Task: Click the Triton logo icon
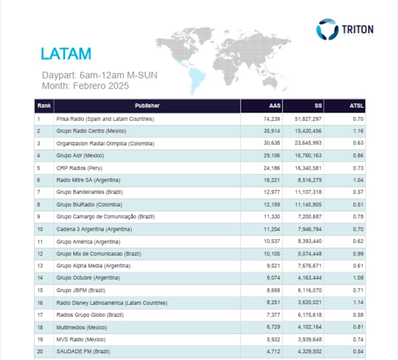point(327,29)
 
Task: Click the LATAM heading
point(66,54)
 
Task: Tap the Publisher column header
point(147,106)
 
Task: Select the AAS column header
point(275,106)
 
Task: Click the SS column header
point(318,106)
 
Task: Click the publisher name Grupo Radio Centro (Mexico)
point(91,131)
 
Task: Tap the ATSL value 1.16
point(358,131)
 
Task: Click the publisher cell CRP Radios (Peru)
point(79,168)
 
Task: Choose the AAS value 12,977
point(272,192)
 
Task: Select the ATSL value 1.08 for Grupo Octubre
point(358,278)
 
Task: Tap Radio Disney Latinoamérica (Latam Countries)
point(112,303)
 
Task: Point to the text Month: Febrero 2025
point(85,86)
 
